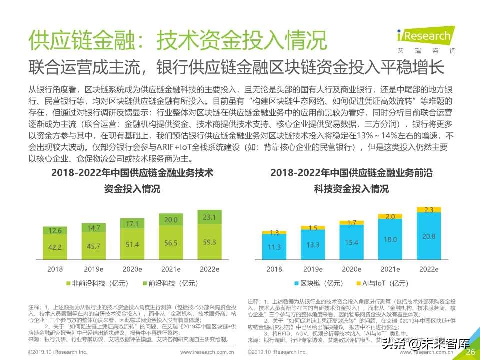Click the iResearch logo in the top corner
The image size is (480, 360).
click(426, 38)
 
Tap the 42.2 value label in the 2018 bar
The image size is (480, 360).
click(55, 247)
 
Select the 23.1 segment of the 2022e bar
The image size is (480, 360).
click(210, 218)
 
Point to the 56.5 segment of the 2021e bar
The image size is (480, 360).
click(171, 243)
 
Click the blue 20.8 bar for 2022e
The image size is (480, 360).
click(428, 236)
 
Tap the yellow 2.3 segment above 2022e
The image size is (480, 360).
click(428, 210)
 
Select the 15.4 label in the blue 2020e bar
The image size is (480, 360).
click(351, 242)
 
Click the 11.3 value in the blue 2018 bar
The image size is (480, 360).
click(274, 247)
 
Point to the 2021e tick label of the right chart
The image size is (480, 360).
click(390, 269)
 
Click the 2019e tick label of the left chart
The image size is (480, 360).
click(93, 269)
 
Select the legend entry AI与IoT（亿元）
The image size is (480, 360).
click(383, 283)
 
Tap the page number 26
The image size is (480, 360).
click(470, 352)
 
